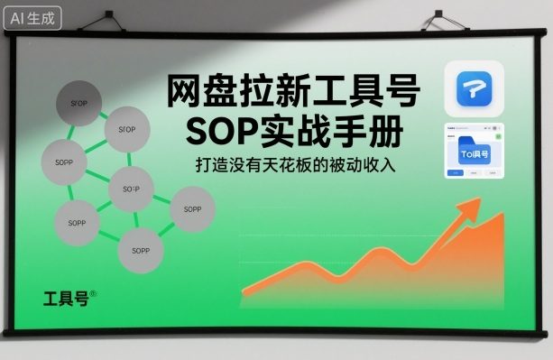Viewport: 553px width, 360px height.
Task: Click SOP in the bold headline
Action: tap(221, 132)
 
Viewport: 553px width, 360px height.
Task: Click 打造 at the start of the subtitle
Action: tap(208, 168)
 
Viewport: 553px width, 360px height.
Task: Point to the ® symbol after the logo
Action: tap(93, 293)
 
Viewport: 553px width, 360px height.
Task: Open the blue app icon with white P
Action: tap(474, 88)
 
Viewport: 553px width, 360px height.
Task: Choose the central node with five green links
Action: tap(131, 189)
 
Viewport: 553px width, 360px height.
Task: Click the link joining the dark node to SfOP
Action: tap(102, 115)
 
